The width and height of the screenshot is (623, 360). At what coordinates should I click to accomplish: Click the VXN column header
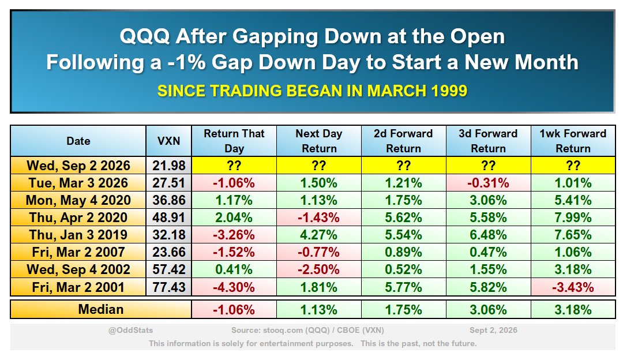click(169, 141)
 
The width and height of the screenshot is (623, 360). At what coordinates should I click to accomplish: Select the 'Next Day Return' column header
click(318, 141)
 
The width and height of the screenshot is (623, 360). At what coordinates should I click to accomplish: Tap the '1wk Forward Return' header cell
click(573, 141)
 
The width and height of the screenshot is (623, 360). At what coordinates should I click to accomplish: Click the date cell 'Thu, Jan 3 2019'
click(78, 235)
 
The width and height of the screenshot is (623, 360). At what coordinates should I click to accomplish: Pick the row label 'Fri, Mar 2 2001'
click(78, 287)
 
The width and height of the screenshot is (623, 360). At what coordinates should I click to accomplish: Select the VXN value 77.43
click(169, 287)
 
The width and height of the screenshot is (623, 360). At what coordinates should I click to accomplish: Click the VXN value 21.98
click(169, 166)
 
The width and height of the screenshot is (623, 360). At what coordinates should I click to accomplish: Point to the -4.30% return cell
click(234, 287)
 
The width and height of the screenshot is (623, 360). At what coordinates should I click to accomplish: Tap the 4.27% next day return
click(318, 235)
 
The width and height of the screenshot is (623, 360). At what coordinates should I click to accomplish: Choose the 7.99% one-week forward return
click(573, 217)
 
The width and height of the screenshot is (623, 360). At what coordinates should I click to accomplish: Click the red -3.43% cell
click(573, 287)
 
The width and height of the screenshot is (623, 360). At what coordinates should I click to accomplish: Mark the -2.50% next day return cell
click(318, 270)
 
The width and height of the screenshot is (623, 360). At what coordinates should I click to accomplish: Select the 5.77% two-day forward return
click(403, 287)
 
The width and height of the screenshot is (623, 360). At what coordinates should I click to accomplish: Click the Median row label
click(101, 310)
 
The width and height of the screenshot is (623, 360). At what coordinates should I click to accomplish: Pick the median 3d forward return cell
click(489, 310)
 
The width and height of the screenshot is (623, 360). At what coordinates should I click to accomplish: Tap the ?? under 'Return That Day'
click(234, 166)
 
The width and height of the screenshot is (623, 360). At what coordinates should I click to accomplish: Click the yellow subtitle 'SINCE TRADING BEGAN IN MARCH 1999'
click(312, 91)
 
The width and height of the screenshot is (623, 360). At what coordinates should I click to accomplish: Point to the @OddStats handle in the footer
click(131, 330)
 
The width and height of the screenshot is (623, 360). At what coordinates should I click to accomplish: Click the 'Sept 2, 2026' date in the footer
click(493, 330)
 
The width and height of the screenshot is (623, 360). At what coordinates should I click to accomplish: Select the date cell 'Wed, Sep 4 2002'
click(78, 270)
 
